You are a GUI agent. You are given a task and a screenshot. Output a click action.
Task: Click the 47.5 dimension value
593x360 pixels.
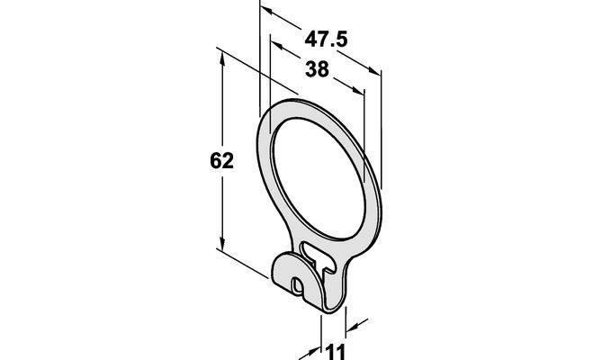click(326, 40)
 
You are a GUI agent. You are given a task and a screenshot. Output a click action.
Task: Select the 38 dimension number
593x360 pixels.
click(318, 69)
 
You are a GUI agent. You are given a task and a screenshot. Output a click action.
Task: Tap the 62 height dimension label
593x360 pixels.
click(222, 161)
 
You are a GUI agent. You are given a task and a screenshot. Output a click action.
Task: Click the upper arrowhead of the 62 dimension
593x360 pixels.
click(222, 58)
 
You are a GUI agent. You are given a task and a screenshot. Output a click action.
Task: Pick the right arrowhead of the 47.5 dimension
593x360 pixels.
click(374, 71)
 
